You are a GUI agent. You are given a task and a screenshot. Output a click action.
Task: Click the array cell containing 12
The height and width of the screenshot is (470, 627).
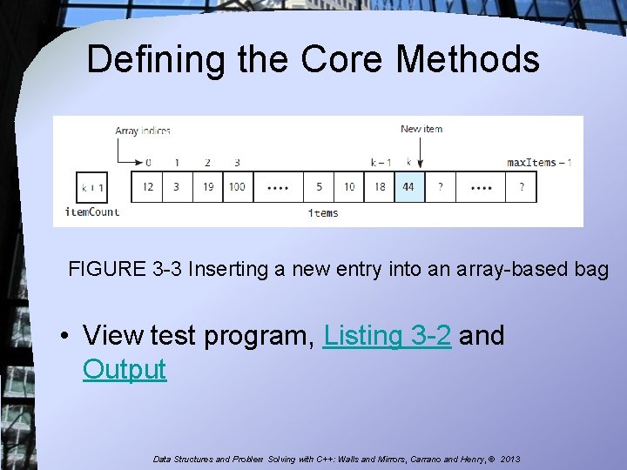coord(148,187)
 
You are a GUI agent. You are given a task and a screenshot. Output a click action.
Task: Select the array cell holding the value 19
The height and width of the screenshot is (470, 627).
coord(206,187)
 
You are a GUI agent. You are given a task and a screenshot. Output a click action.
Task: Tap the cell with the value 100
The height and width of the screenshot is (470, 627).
coord(237,187)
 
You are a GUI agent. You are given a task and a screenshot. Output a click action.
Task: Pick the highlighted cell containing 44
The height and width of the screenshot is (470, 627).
coord(408,187)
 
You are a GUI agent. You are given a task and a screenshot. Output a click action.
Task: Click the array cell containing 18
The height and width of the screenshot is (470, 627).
coord(380,187)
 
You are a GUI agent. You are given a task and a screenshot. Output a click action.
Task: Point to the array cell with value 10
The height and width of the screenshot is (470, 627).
coord(349,187)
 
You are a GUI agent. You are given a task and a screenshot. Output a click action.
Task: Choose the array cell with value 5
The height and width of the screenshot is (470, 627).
coord(319,187)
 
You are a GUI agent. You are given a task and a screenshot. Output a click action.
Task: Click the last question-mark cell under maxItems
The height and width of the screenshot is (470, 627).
coord(522,187)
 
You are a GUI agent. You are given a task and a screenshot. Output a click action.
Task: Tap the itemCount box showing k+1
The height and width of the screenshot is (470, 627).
coord(92,187)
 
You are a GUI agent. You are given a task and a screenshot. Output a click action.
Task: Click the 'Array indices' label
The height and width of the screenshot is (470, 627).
coord(142,131)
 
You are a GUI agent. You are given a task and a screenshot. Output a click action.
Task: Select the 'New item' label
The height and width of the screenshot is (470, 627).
coord(421,129)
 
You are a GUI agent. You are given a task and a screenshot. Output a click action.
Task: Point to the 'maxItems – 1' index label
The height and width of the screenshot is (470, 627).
coord(539,162)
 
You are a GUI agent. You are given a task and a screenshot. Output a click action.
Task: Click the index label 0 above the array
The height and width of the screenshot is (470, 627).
coord(148,162)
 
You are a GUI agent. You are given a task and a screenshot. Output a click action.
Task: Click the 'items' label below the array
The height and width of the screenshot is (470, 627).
coord(323,213)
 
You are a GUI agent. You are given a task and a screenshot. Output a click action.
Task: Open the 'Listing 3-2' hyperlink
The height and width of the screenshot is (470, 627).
coord(387,335)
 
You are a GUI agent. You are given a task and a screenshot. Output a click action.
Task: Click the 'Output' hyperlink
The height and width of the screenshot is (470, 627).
coord(124,369)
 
